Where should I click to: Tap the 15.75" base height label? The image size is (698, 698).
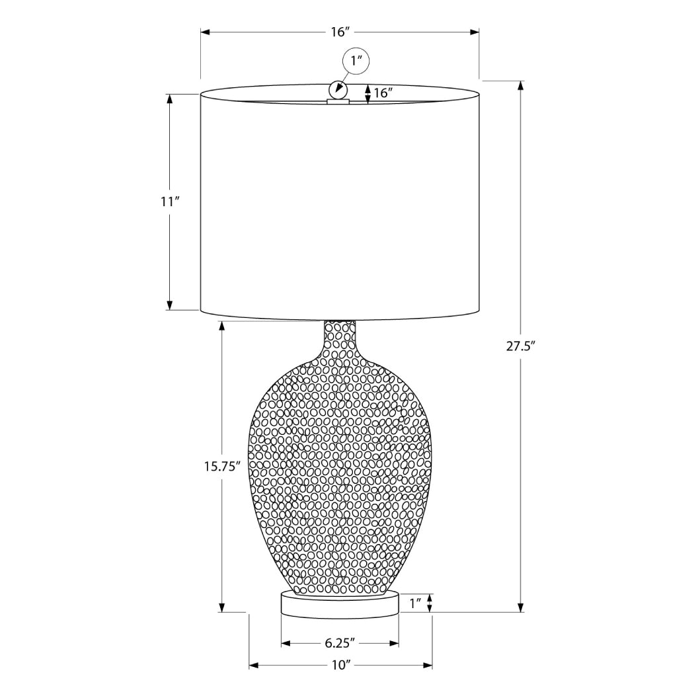point(221,465)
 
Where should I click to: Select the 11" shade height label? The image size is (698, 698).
point(169,202)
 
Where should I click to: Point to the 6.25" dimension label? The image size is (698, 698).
point(340,642)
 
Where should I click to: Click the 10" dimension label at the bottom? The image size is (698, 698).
point(340,665)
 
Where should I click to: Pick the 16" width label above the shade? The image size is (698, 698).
point(340,32)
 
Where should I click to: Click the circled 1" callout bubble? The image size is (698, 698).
point(356,62)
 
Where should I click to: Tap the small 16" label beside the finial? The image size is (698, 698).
point(383,93)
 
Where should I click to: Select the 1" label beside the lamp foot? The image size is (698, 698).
point(415,602)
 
